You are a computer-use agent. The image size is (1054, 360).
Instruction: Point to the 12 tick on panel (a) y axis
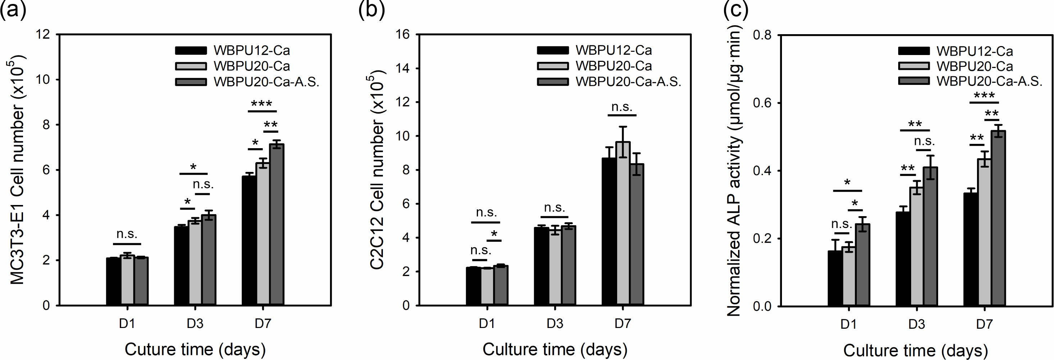point(43,35)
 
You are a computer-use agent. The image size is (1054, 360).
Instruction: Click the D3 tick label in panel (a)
point(195,324)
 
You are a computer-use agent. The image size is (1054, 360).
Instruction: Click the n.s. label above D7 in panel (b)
point(622,107)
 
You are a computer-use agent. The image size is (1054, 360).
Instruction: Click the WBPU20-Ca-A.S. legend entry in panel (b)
point(628,82)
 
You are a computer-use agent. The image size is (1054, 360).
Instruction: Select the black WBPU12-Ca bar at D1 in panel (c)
point(835,278)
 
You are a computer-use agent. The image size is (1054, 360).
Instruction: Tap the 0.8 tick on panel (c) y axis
point(762,35)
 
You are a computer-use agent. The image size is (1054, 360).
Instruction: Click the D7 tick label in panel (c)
point(984,324)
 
